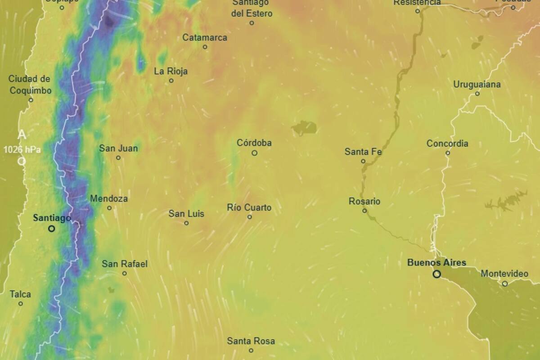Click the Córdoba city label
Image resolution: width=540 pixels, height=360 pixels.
254,143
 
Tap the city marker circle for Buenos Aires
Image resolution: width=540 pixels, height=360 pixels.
436,274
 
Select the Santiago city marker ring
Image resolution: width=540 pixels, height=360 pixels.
52,229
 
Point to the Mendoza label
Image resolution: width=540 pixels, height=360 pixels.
109,198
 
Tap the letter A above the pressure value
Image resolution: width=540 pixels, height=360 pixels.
22,135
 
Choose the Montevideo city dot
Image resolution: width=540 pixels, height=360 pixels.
505,283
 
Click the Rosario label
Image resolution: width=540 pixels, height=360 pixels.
364,201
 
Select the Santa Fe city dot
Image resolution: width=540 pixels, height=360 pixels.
363,161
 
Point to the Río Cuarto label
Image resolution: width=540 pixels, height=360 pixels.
249,207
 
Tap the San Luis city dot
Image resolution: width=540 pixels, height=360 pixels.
186,223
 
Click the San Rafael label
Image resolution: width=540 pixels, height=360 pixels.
125,264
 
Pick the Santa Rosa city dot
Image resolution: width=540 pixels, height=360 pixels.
251,351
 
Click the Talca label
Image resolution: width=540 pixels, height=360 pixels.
21,294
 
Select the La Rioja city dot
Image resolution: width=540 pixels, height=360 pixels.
171,81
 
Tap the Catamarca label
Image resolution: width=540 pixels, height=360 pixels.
205,38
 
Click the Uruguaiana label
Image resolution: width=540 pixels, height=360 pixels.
477,84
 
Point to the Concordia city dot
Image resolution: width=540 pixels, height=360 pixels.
448,153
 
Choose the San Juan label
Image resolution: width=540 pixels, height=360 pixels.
118,148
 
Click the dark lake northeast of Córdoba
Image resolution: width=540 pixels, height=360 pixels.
304,128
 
